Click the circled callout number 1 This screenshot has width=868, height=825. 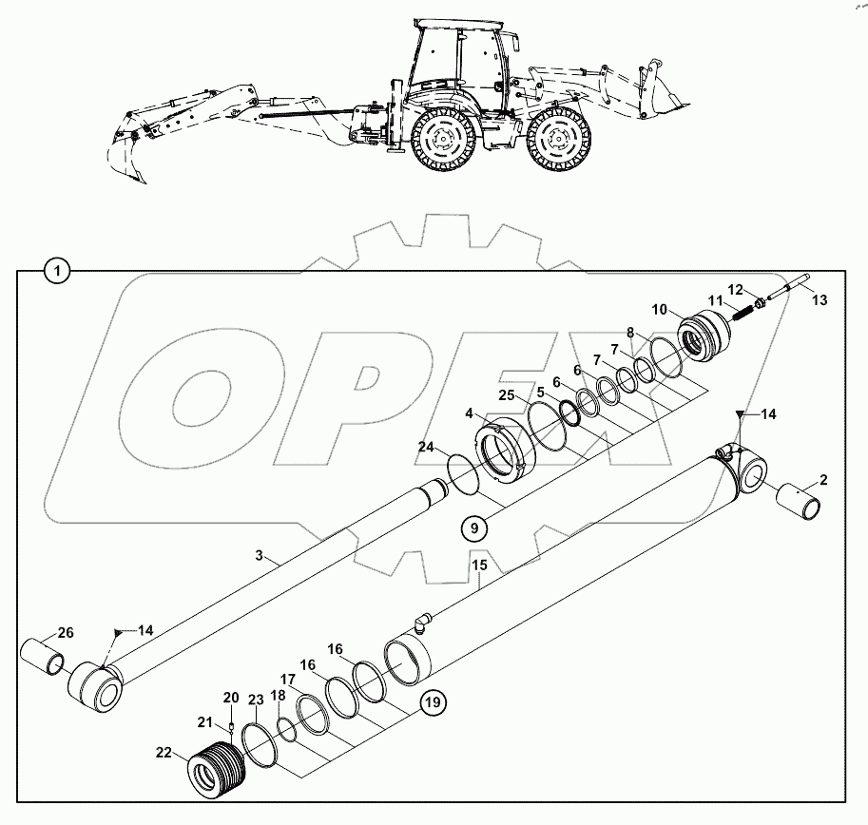(x=58, y=273)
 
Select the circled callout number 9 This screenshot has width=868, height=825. (x=473, y=526)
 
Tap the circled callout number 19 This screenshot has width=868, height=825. (x=433, y=703)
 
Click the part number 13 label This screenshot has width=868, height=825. (x=820, y=299)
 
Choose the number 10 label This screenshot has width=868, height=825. (x=661, y=310)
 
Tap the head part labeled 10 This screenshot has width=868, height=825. (x=705, y=336)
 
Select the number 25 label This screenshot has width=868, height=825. (x=506, y=394)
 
